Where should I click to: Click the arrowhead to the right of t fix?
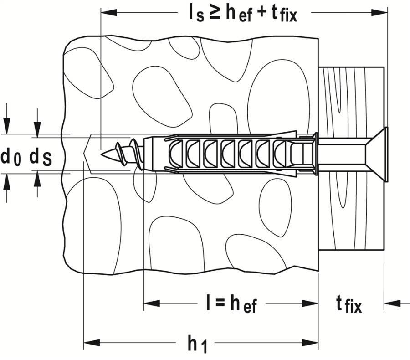[x=389, y=302]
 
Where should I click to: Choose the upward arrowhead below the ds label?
[x=37, y=180]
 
